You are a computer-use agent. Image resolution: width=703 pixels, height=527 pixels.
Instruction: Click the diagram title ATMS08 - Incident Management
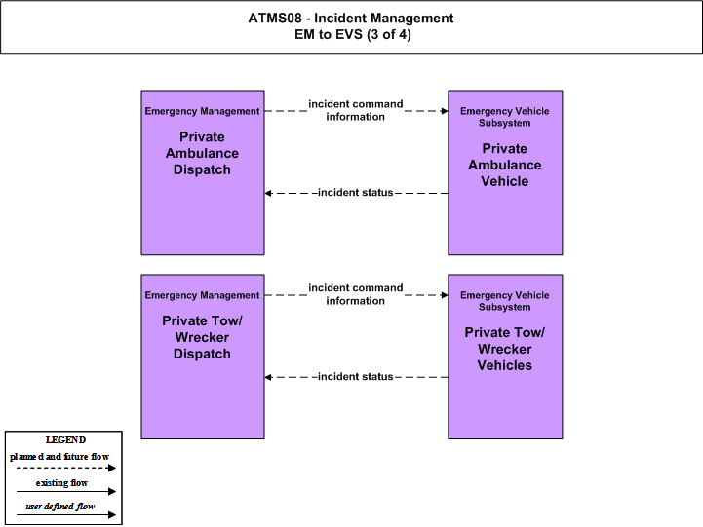(351, 18)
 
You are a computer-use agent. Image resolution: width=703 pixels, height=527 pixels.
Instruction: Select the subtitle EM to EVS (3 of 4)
(353, 34)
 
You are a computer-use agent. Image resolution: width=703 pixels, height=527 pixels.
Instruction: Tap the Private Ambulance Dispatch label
(202, 153)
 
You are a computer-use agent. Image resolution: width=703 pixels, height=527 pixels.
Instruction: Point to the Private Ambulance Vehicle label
(505, 165)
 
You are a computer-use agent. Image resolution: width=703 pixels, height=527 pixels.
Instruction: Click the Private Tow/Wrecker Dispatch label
(202, 337)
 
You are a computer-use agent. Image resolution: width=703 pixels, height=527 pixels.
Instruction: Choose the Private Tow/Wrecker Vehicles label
(505, 349)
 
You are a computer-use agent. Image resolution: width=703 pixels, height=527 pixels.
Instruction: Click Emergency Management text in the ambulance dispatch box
(202, 111)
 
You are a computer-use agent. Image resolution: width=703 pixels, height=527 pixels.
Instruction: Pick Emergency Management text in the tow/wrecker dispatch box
(202, 295)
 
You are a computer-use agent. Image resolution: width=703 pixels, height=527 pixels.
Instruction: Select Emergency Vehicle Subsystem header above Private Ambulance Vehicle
(505, 117)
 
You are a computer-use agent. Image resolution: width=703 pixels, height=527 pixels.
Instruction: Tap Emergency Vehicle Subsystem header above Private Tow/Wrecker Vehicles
(505, 301)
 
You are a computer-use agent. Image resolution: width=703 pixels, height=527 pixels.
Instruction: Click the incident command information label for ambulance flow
(356, 110)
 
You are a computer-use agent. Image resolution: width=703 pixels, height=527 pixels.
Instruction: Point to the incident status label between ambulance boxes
(356, 193)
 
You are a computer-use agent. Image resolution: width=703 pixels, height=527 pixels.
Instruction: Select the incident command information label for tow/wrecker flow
(356, 294)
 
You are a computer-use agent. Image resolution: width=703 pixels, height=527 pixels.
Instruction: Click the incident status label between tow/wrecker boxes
(356, 377)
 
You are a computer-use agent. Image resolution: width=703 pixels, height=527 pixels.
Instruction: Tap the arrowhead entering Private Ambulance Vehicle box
(445, 111)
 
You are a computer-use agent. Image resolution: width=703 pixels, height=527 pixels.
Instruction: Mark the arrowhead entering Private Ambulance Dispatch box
(268, 193)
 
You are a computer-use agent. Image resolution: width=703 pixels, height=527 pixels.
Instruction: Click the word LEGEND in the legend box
(65, 440)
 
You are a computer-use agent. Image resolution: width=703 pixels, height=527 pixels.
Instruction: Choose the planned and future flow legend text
(59, 457)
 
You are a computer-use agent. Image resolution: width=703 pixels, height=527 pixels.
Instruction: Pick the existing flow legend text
(61, 482)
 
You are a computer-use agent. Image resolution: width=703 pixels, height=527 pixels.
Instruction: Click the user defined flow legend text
(60, 507)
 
